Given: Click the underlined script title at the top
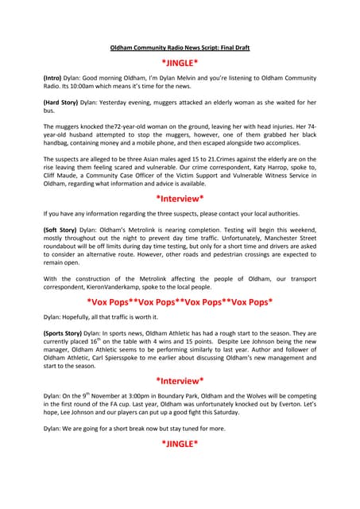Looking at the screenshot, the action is coord(180,48).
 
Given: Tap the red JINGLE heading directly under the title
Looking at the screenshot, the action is coord(180,62).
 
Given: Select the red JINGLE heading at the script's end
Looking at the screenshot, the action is coord(180,443).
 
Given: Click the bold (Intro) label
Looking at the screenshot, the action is coord(55,80).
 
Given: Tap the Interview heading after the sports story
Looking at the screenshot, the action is coord(180,380).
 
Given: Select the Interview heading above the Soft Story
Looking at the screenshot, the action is coord(180,199).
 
